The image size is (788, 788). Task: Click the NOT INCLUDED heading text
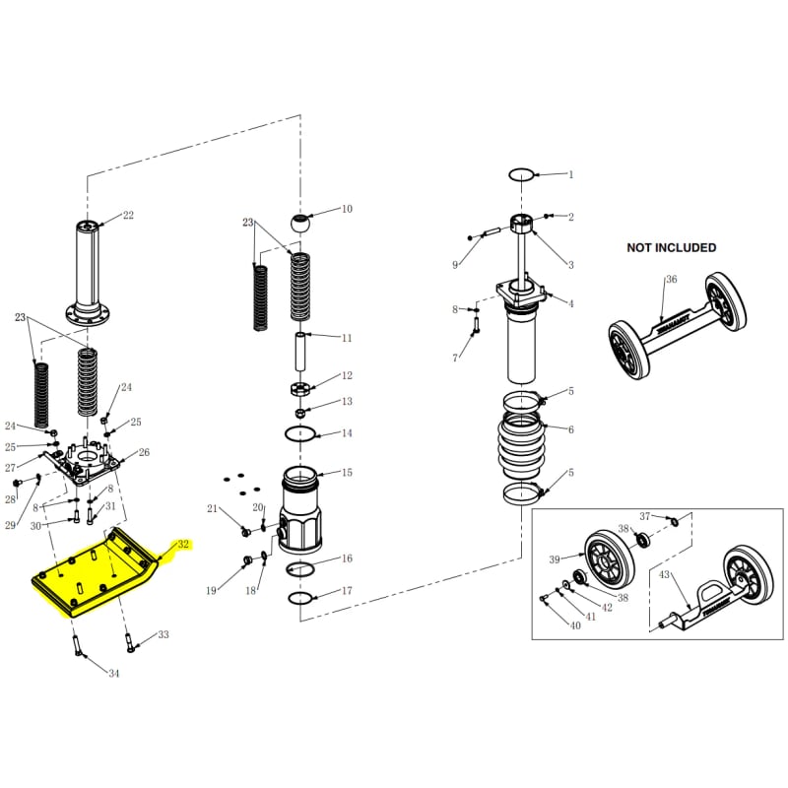[672, 247]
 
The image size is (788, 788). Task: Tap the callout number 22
[128, 216]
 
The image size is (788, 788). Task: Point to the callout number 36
[671, 279]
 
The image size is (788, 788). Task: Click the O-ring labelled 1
[522, 174]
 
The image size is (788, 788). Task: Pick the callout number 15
[346, 473]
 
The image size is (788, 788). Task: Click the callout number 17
[347, 592]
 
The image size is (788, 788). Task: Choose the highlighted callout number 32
[182, 544]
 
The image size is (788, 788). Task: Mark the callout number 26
[144, 453]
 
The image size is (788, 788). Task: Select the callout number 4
[570, 302]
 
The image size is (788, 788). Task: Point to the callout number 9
[455, 265]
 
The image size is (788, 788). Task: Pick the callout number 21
[211, 508]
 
